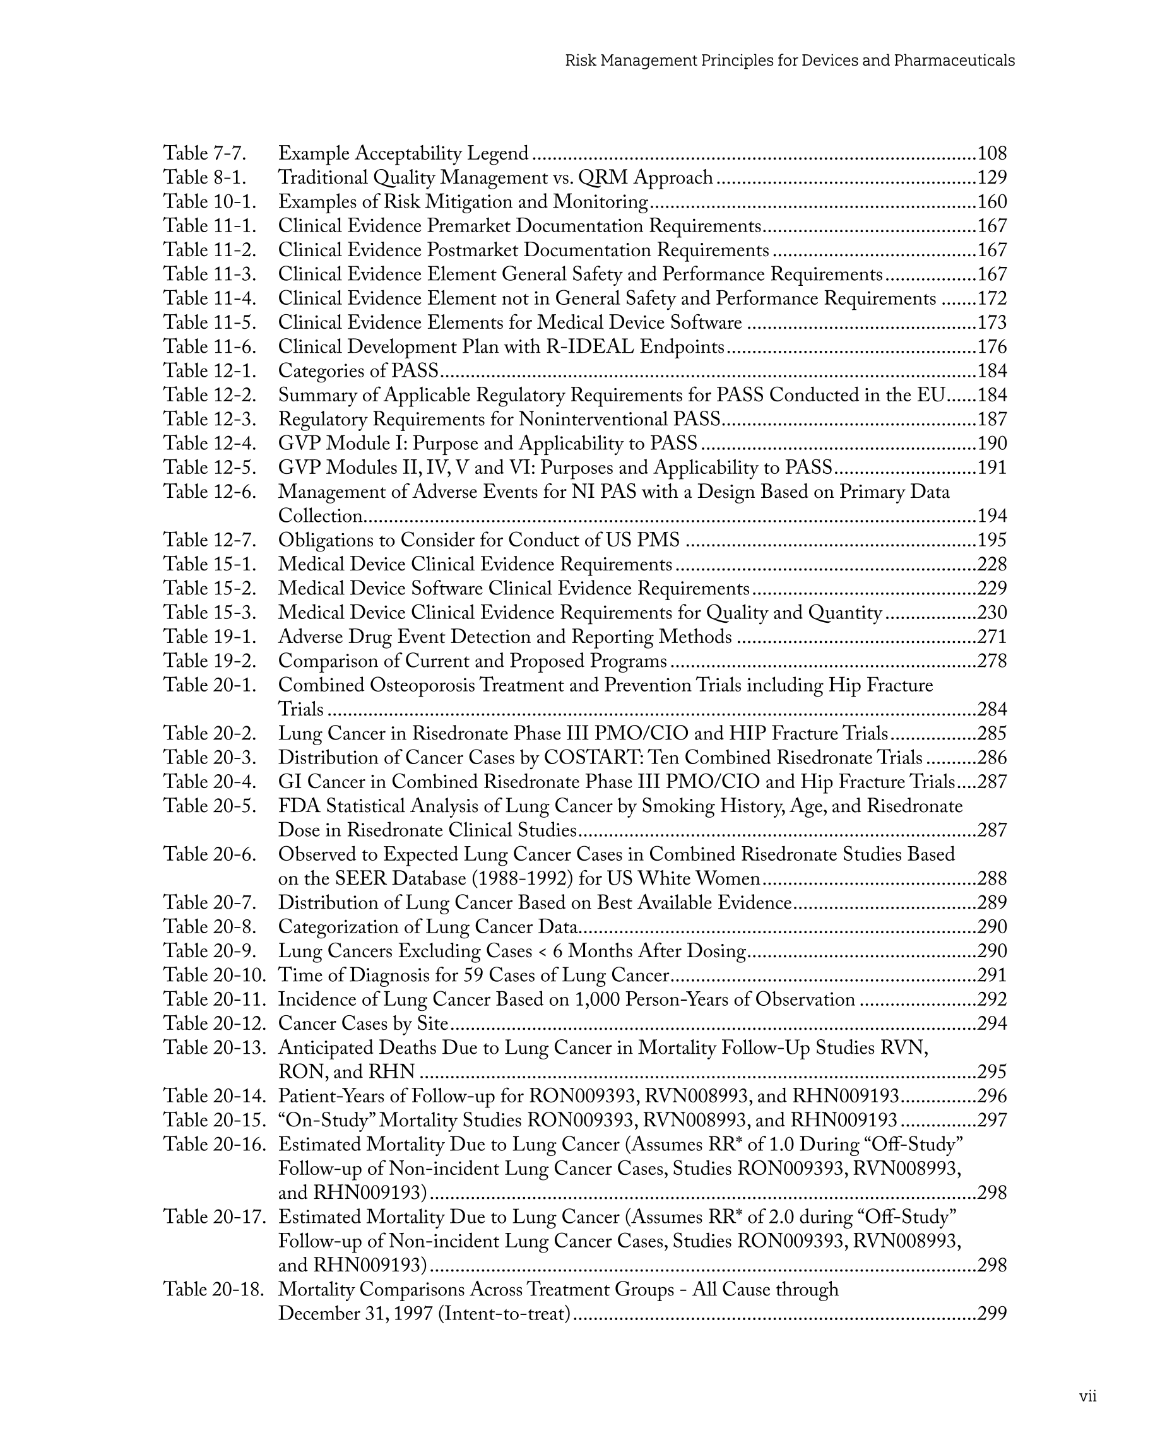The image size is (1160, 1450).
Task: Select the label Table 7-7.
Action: coord(204,153)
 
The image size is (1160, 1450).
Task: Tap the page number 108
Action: coord(991,153)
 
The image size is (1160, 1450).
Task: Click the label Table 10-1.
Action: coord(210,202)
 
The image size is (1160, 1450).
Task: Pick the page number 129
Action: coord(991,177)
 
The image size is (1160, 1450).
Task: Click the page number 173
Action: coord(991,323)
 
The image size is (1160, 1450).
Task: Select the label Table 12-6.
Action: coord(210,492)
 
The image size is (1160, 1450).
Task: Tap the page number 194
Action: coord(991,516)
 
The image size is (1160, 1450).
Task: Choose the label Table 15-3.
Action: coord(210,613)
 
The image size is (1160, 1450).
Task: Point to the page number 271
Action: coord(991,637)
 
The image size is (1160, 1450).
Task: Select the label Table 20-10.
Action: coord(215,976)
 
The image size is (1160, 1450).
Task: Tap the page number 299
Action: coord(991,1314)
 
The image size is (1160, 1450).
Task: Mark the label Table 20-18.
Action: coord(215,1289)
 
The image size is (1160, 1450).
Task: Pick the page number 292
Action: coord(991,999)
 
